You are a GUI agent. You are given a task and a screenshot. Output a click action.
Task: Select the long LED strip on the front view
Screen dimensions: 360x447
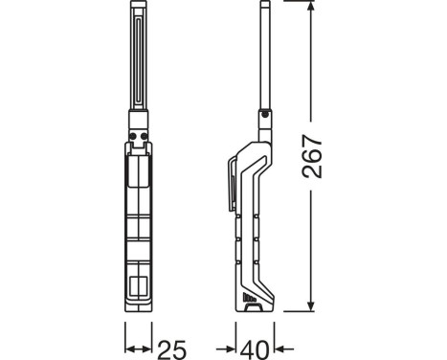(138, 57)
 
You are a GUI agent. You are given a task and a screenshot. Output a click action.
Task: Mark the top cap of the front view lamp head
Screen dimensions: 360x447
(138, 8)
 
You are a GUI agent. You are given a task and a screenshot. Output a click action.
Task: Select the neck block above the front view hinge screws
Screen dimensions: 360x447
(138, 119)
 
